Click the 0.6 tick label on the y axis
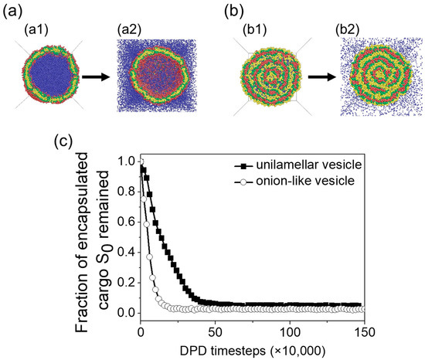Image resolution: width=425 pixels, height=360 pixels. click(127, 222)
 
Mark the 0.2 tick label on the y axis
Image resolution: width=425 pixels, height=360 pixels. click(127, 282)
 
